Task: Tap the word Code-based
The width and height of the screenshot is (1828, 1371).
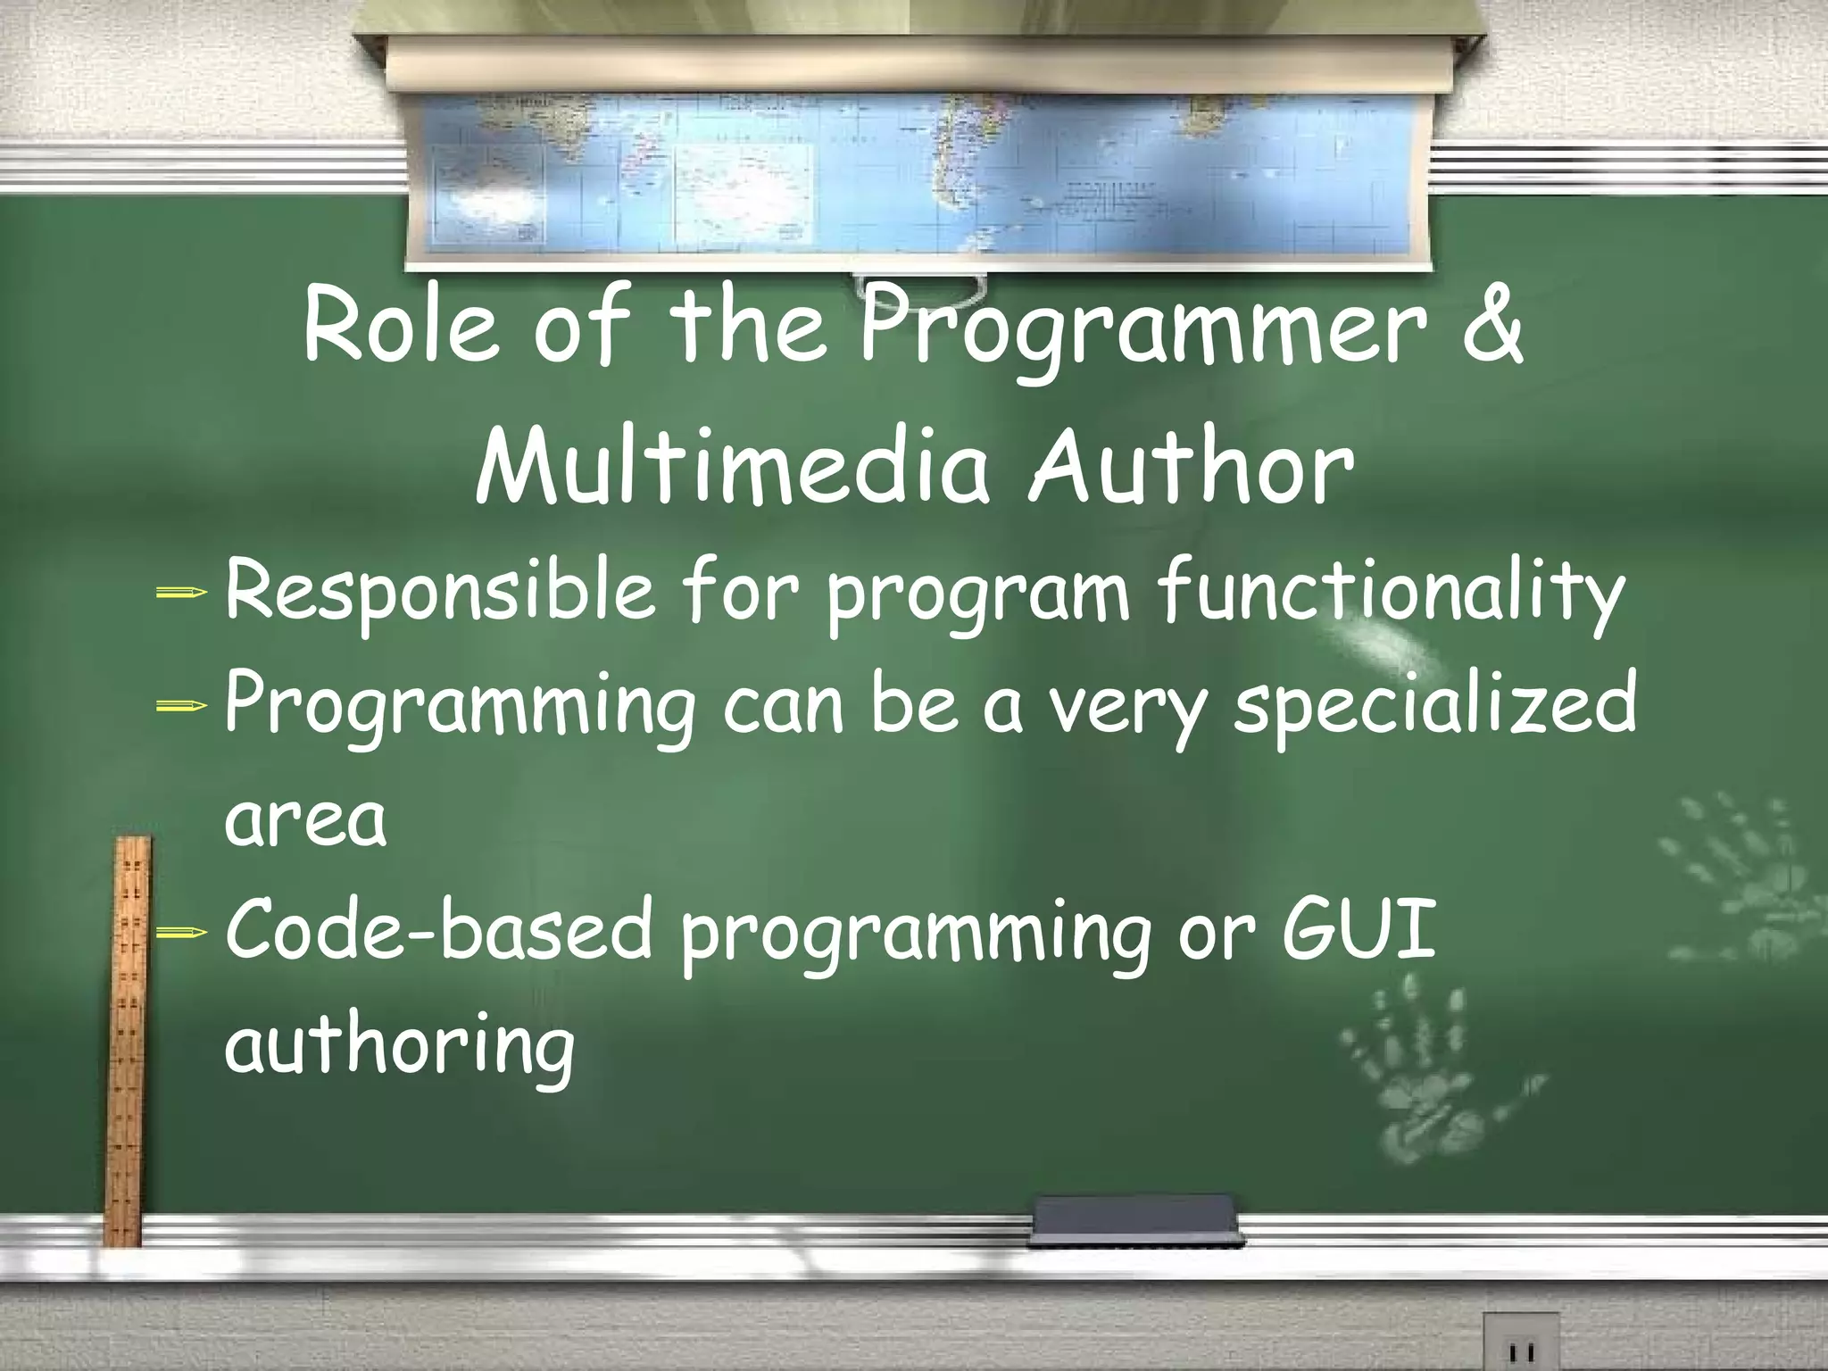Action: click(438, 931)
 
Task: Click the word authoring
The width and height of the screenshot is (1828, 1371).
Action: click(399, 1046)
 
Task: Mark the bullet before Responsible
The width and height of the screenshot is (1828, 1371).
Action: click(181, 592)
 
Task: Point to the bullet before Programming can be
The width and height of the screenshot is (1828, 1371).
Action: click(181, 706)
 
